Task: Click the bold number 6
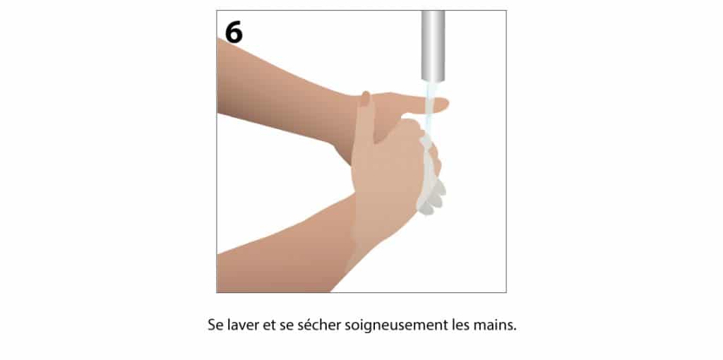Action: [233, 32]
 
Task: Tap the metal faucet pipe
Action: [433, 46]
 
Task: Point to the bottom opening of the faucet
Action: [433, 80]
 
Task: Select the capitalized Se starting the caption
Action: [216, 325]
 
